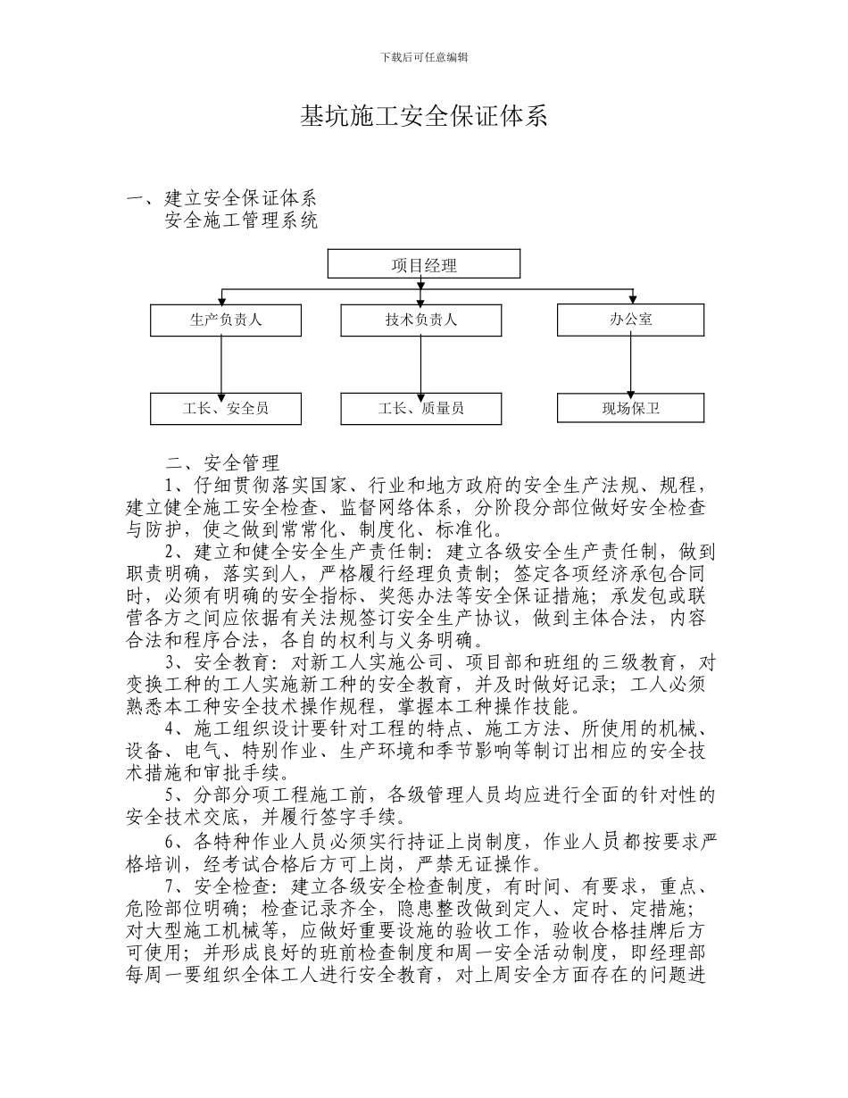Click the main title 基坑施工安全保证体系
tap(423, 117)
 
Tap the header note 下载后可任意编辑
tap(424, 57)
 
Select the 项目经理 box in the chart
tap(424, 264)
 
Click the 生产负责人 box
tap(226, 320)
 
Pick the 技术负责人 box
tap(421, 320)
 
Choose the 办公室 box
tap(630, 320)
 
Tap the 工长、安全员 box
tap(226, 408)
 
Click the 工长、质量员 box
tap(421, 408)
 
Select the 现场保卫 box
tap(630, 409)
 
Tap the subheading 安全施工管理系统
tap(241, 220)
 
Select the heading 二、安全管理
tap(222, 463)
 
